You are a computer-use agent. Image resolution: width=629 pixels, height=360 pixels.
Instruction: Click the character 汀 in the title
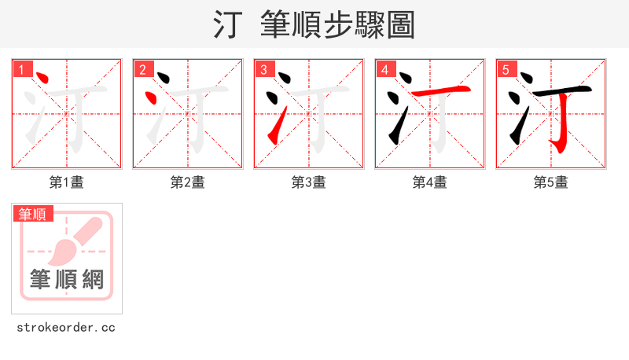point(228,25)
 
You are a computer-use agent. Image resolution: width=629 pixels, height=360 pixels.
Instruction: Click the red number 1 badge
point(21,69)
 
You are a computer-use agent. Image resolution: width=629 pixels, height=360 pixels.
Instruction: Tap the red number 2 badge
point(142,69)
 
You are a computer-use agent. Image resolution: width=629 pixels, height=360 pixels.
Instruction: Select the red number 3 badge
point(263,69)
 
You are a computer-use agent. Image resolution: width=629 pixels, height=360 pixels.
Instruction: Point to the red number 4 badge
point(384,69)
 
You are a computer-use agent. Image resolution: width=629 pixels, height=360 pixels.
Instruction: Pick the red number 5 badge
point(506,69)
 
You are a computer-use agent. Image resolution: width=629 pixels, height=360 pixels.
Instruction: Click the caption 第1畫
point(67,182)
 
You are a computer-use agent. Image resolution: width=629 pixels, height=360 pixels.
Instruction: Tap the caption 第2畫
point(188,182)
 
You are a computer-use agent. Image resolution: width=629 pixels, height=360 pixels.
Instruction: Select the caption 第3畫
point(309,182)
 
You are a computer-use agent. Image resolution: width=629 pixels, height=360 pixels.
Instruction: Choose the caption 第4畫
point(430,182)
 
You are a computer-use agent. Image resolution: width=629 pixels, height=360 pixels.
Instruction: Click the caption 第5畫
point(551,182)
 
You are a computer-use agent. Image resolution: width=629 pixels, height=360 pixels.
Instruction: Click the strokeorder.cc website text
point(66,327)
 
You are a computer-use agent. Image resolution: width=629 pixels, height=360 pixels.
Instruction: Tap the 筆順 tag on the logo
point(33,214)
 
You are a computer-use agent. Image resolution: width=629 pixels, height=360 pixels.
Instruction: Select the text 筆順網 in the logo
point(67,279)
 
